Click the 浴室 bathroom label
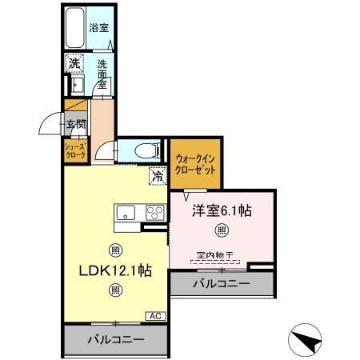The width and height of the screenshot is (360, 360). coord(99,26)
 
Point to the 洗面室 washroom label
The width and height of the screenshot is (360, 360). coord(102,73)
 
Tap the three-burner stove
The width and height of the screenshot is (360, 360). coord(154,213)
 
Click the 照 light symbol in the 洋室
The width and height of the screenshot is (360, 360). coord(222,232)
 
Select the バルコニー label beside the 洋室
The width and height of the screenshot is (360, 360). coord(222,284)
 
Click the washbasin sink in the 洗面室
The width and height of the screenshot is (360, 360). coord(77,86)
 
